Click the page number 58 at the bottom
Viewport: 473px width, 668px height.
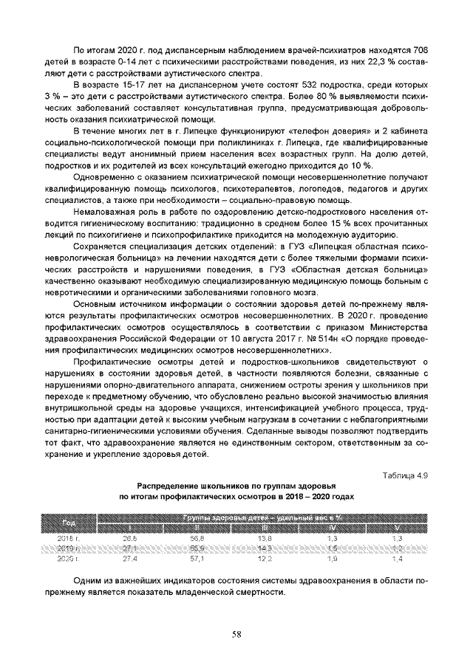point(236,632)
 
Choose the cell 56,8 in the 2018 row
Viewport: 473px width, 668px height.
point(197,540)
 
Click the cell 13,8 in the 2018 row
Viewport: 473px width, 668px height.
point(265,540)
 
